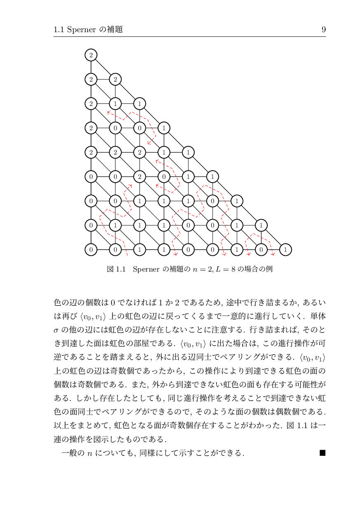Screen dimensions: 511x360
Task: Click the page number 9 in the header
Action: pos(323,30)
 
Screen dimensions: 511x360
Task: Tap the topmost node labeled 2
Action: pos(91,55)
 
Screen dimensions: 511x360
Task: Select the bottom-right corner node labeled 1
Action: pos(285,249)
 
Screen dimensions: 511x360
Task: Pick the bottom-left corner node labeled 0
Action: pos(91,249)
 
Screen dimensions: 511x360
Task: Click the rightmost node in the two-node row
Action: pos(115,79)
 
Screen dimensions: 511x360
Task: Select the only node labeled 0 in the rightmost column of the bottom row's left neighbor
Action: pos(261,249)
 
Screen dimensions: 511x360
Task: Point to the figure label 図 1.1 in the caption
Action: pos(116,269)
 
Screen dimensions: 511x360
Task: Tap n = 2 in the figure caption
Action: pos(203,269)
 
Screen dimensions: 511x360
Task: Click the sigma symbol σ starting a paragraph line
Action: pos(56,330)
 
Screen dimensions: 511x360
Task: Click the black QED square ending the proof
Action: pos(322,453)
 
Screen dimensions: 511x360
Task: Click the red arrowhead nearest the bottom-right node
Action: pos(273,254)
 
